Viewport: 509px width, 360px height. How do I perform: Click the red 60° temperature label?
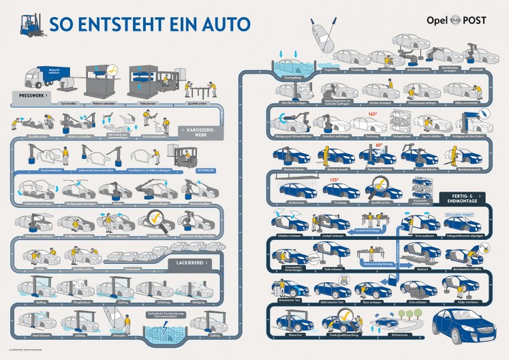pos(379,145)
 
